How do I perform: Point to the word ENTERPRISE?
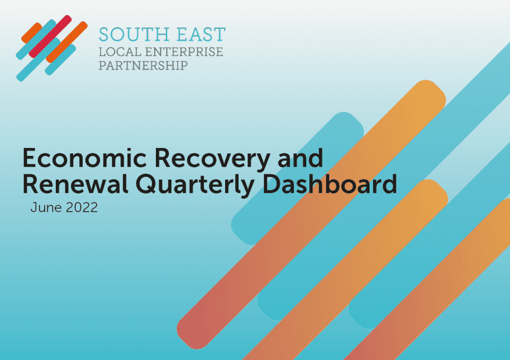click(x=184, y=52)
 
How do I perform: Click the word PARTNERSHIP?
click(x=143, y=65)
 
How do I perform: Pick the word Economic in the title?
click(x=85, y=158)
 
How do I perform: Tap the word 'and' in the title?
click(x=300, y=158)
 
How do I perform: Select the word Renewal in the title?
click(x=75, y=184)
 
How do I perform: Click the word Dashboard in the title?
click(x=330, y=184)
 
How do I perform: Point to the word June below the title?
click(x=46, y=208)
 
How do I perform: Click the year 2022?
click(x=81, y=208)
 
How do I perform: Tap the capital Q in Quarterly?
click(x=147, y=185)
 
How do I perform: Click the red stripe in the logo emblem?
click(x=50, y=36)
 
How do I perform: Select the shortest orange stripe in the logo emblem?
click(x=31, y=33)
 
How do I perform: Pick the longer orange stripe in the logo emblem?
click(x=67, y=42)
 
